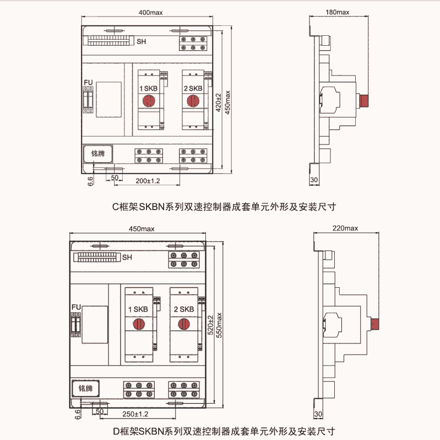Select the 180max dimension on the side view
pos(338,12)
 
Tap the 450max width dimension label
pos(142,229)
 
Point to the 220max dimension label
pos(346,228)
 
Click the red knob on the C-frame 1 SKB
pos(149,101)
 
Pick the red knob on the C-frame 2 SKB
pos(193,101)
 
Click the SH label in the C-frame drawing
pos(142,41)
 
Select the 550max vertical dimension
pos(219,326)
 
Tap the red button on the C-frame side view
pos(363,101)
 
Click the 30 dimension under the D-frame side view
pos(317,414)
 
